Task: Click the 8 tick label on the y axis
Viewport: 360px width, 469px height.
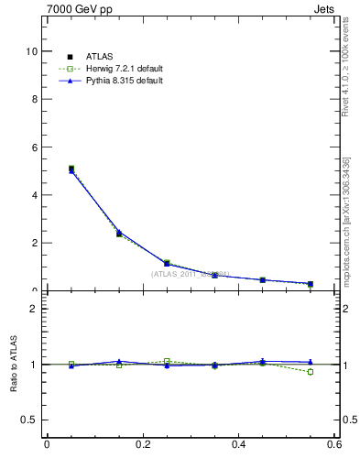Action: point(34,99)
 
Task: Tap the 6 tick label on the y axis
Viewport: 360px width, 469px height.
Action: point(34,147)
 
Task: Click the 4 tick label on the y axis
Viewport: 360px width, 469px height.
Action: point(34,195)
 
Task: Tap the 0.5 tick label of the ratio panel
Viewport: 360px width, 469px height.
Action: point(30,420)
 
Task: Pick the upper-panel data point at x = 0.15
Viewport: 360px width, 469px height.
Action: point(119,234)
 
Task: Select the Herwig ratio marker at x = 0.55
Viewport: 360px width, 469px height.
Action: point(311,372)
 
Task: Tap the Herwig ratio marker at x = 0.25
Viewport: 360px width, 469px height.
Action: point(167,361)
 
